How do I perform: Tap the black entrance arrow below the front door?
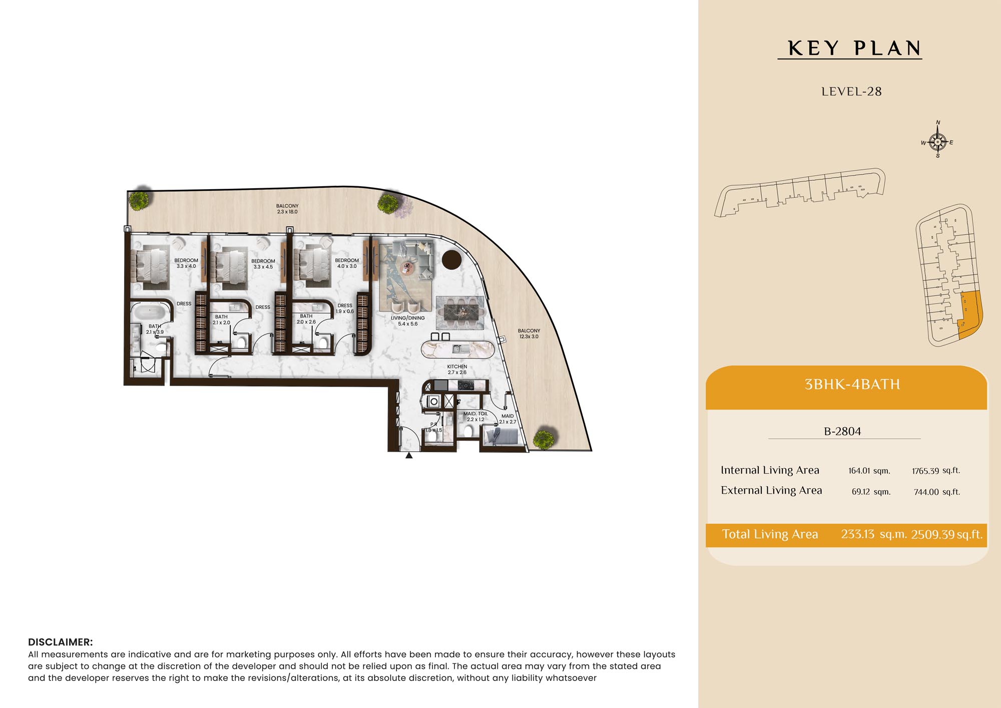click(409, 455)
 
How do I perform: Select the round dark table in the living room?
click(451, 259)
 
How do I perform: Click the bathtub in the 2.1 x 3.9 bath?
click(150, 313)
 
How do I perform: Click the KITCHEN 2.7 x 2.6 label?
click(457, 370)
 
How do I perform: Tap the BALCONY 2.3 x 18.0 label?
click(287, 209)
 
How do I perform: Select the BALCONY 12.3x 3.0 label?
click(529, 333)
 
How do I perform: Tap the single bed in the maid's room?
click(501, 437)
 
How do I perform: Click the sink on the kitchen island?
click(457, 348)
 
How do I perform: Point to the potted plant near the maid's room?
click(544, 439)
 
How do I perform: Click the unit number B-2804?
click(842, 431)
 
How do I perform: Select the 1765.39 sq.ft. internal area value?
click(936, 471)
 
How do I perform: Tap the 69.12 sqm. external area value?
click(871, 492)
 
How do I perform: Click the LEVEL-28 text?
click(851, 92)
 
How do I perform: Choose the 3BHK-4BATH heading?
click(852, 384)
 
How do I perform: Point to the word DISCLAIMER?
click(60, 642)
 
